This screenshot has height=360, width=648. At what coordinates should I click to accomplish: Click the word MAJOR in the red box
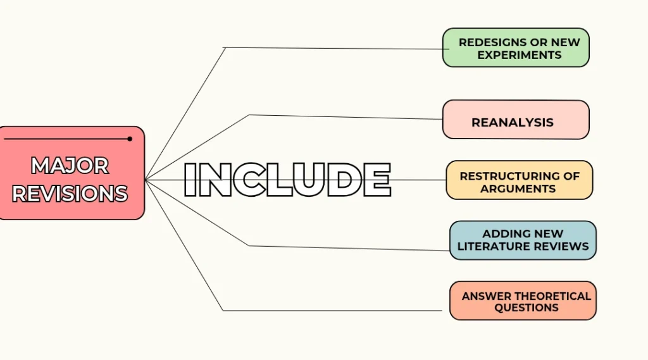pos(70,166)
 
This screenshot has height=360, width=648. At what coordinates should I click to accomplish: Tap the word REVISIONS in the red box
pos(70,194)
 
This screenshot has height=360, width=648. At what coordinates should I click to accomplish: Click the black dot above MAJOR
pos(130,139)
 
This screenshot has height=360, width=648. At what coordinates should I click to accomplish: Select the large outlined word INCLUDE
pos(287,180)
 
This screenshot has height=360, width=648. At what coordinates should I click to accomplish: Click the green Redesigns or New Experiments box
pos(516,47)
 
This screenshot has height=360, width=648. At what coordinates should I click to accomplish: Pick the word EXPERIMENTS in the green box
pos(520,55)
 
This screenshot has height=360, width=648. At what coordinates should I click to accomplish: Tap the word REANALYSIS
pos(513,122)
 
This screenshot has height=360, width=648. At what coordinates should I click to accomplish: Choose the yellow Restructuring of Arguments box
pos(520,180)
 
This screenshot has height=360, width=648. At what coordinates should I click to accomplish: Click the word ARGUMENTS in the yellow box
pos(518,189)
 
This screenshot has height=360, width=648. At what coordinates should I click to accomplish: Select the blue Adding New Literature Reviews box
pos(523,240)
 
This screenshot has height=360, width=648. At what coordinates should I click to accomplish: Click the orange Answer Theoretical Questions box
pos(523,301)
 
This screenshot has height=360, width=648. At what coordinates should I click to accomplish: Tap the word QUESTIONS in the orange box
pos(526,307)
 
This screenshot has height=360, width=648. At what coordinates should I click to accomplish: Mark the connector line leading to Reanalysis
pos(249,115)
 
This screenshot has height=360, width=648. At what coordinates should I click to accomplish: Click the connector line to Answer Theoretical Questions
pos(223,310)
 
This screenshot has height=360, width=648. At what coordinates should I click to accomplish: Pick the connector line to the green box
pos(225,47)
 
